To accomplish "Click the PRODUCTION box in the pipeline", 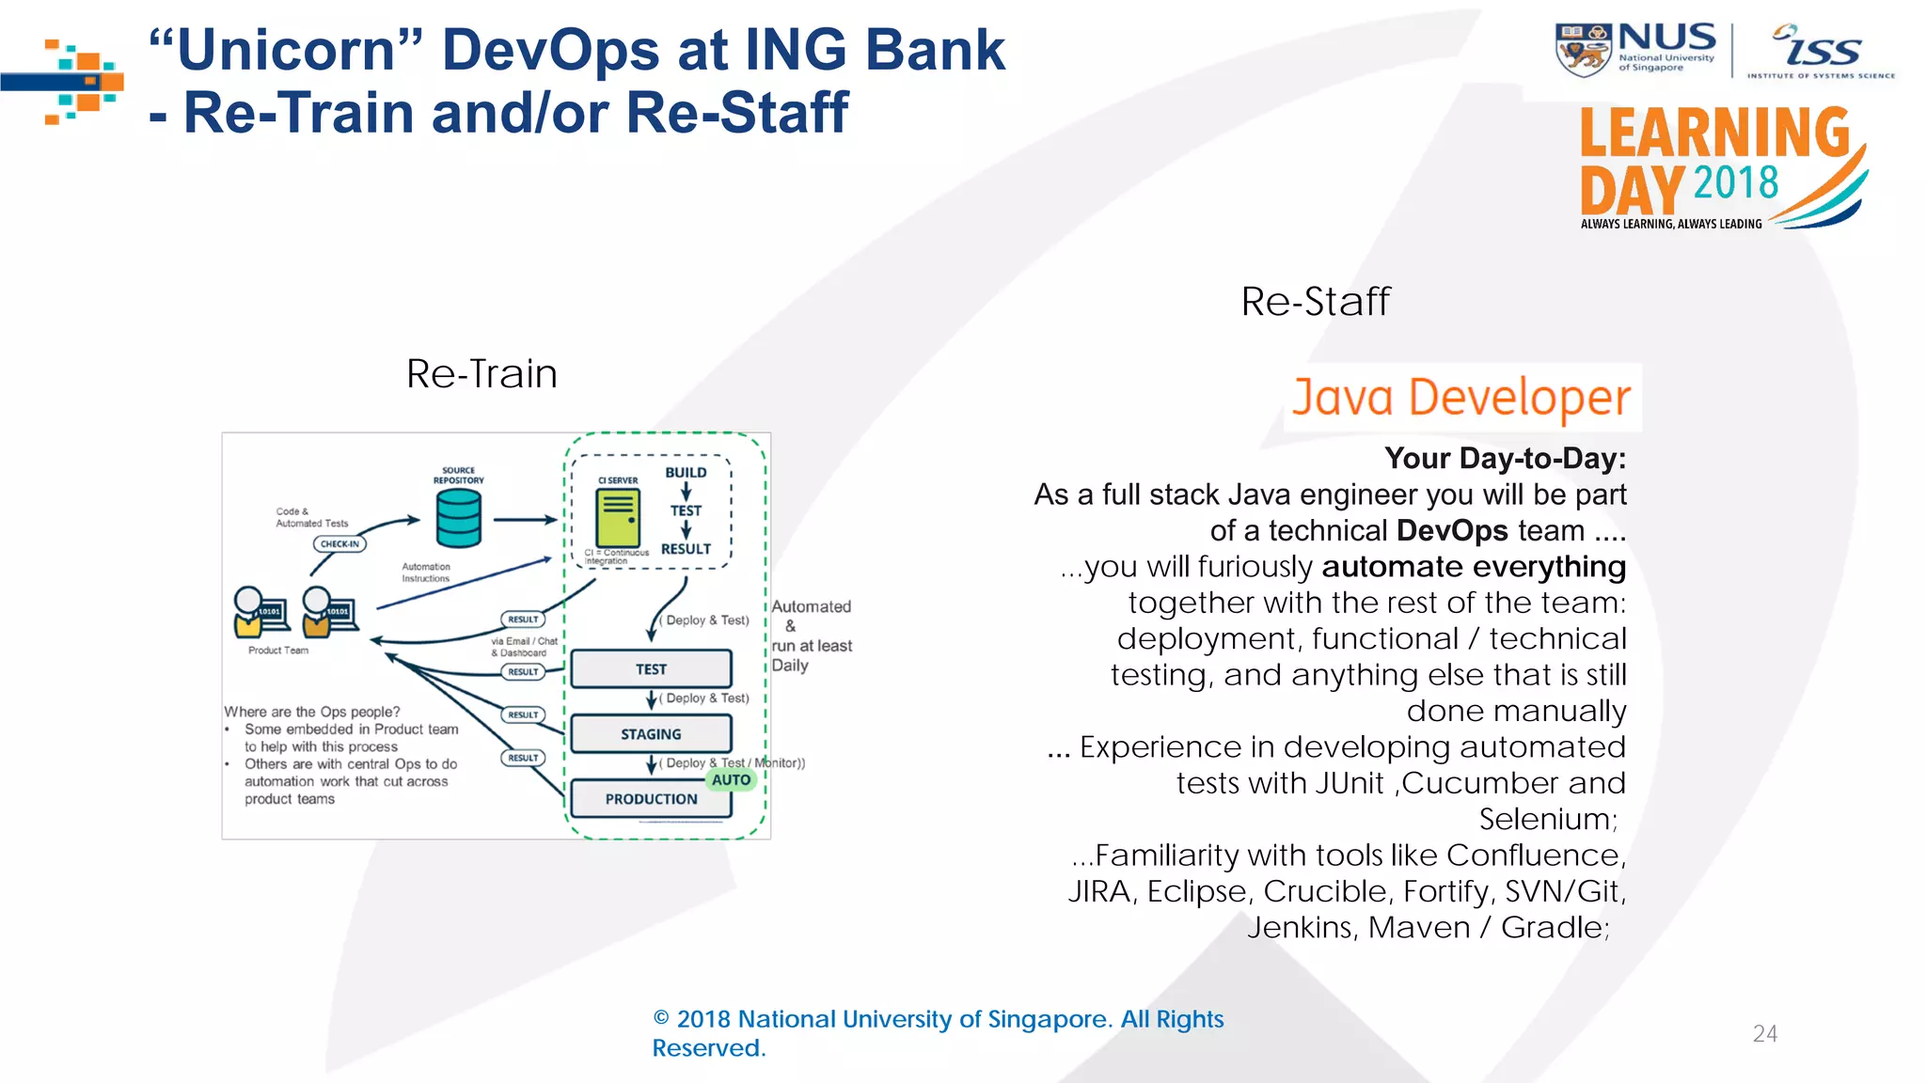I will (651, 799).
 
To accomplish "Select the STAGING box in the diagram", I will (651, 734).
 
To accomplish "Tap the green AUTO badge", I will (731, 779).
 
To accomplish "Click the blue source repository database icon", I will (459, 520).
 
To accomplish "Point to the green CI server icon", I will (618, 518).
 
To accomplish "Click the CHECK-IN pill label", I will (339, 543).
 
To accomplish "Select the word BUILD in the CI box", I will (686, 473).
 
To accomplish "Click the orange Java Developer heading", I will (1460, 398).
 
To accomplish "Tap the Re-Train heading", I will (481, 374).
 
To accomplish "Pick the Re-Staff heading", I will (1315, 302).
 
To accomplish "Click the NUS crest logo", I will (1583, 50).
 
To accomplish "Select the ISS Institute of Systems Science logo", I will (1821, 52).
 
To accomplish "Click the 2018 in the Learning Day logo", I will (1736, 182).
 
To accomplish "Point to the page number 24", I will (1764, 1034).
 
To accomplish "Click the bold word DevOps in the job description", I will (1452, 531).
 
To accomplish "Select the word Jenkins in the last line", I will (1302, 928).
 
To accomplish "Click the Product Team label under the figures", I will (277, 651).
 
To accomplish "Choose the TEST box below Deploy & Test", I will (651, 669).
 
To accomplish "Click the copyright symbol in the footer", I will (661, 1019).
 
